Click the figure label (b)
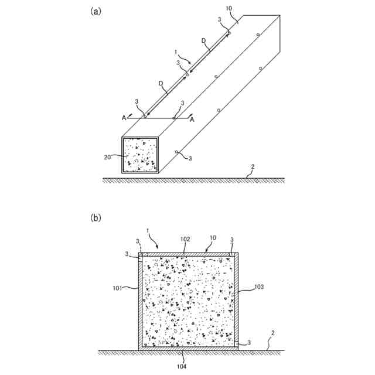[x=96, y=217]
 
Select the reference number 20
[x=107, y=156]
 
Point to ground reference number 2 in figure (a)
[x=252, y=168]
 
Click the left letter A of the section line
[x=124, y=118]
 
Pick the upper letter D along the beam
[x=203, y=40]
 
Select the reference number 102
[x=185, y=239]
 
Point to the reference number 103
[x=259, y=287]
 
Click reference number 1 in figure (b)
[x=148, y=232]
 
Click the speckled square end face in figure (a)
[x=140, y=155]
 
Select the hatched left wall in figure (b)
[x=140, y=302]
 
